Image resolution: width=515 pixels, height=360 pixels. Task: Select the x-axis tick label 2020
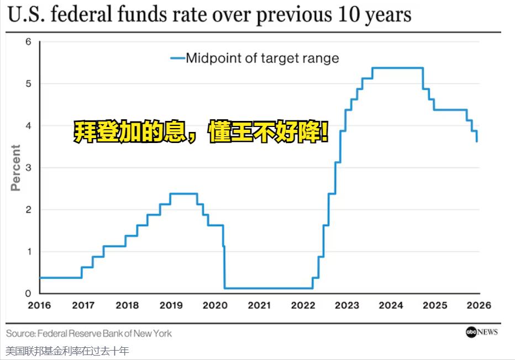point(215,305)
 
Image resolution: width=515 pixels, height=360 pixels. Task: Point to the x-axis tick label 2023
point(347,305)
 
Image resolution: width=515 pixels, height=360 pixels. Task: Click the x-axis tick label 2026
point(479,305)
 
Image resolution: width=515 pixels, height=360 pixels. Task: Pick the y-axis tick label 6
point(28,42)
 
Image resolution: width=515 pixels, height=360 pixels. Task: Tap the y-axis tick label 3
point(28,167)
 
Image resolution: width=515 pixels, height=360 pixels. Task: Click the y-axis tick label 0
point(28,293)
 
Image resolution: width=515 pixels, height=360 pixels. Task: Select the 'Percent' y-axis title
point(15,167)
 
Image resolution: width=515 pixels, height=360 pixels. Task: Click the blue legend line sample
point(176,58)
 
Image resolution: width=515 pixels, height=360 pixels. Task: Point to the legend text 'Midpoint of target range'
point(262,58)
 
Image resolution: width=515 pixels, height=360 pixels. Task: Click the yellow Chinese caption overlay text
point(201,133)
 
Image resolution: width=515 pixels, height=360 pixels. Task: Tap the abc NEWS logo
point(481,332)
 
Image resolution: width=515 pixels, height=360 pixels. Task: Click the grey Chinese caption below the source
point(67,351)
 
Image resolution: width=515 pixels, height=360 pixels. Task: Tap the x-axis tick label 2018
point(127,305)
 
